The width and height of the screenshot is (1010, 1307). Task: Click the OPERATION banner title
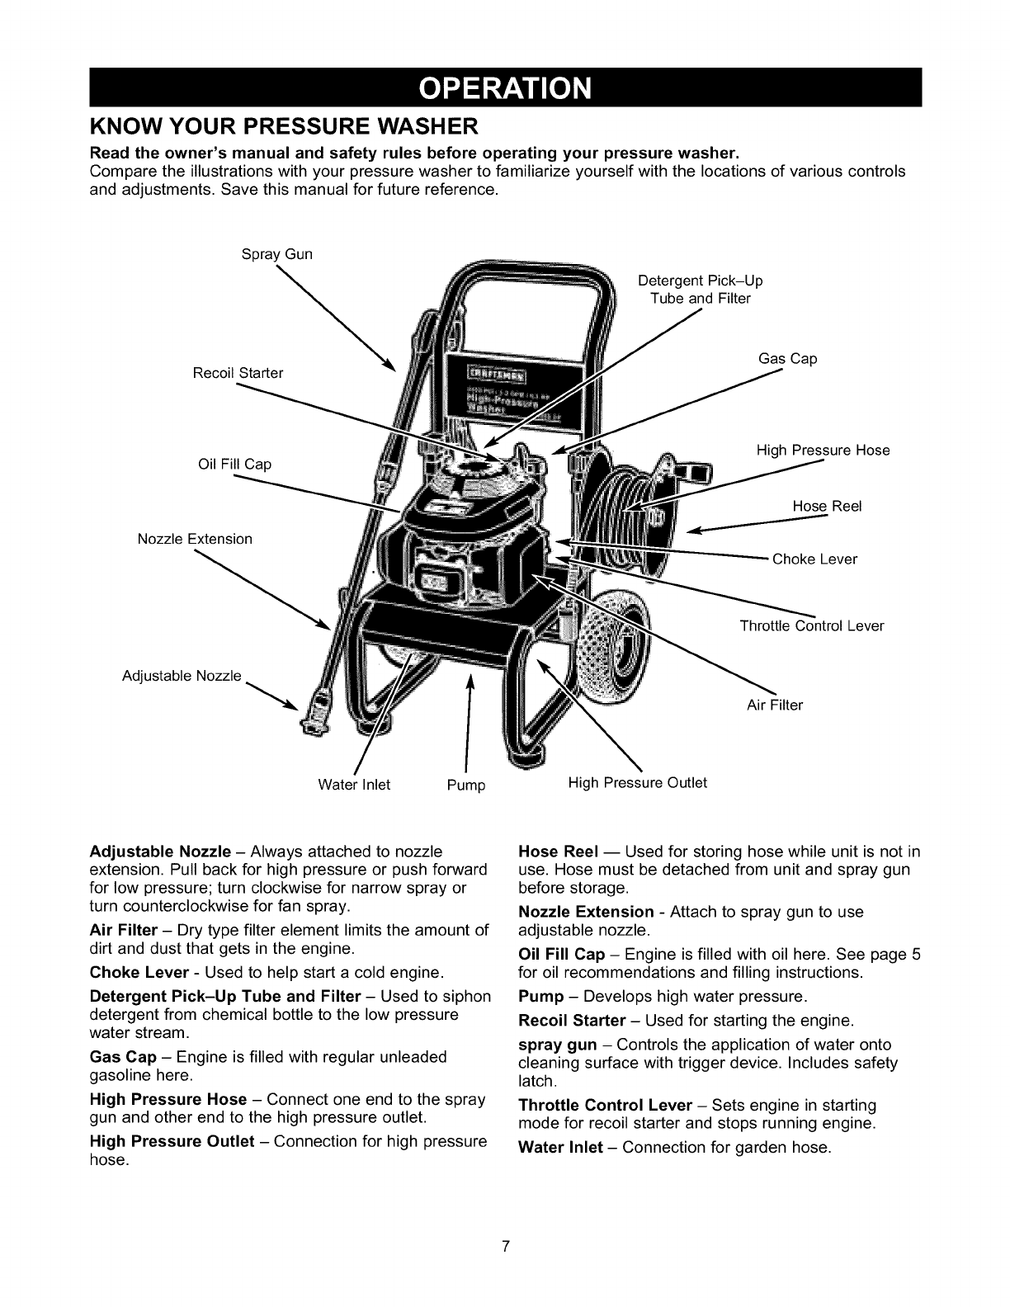pos(505,87)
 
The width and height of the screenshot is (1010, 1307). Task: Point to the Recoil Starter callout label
pos(238,373)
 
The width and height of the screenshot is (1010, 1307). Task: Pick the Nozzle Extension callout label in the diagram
pos(195,539)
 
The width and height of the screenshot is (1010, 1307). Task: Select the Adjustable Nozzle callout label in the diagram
pos(182,677)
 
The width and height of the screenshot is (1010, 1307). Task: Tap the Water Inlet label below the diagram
pos(354,784)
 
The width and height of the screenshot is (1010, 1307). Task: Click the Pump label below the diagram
pos(466,785)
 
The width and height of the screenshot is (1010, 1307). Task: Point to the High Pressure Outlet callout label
pos(638,782)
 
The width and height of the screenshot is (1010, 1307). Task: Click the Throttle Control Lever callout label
pos(812,625)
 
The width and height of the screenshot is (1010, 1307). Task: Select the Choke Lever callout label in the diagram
pos(814,559)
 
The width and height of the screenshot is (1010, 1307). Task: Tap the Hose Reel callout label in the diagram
pos(827,506)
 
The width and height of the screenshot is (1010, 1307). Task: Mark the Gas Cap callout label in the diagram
pos(787,358)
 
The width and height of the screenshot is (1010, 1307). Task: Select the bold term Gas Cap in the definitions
pos(123,1057)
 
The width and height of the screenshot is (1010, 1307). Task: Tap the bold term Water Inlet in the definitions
pos(560,1148)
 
